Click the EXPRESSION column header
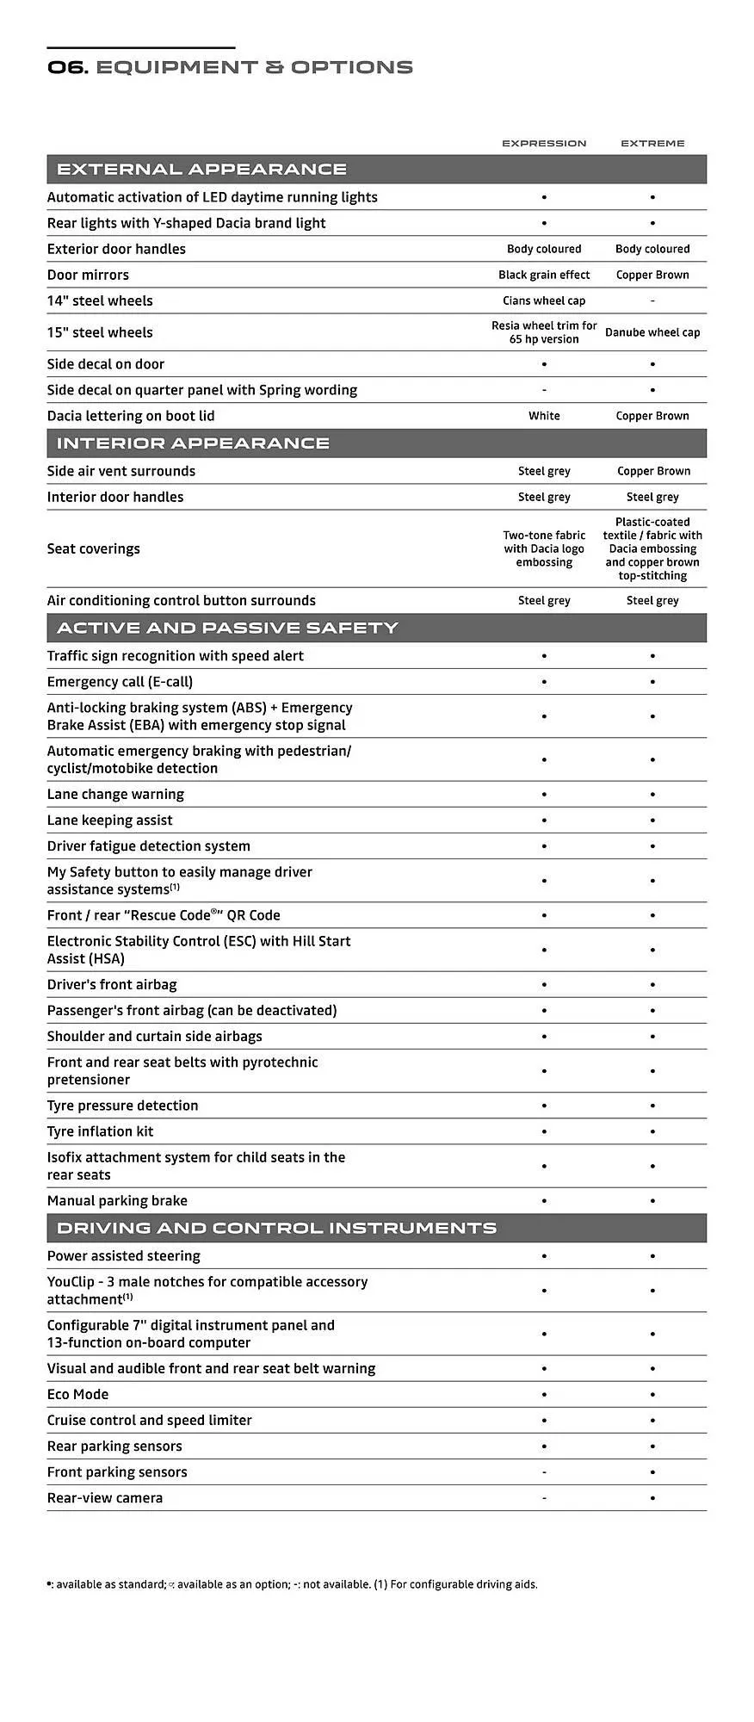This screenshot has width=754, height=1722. tap(544, 143)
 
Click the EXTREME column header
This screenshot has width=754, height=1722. tap(652, 143)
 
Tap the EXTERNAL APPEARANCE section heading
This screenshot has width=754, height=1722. tap(201, 170)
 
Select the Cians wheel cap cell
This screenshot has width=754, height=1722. tap(544, 300)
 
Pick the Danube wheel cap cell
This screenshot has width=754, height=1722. tap(652, 332)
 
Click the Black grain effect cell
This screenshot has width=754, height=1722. tap(544, 275)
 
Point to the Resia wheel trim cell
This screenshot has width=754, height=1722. tap(544, 332)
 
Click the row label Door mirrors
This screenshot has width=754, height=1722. tap(88, 275)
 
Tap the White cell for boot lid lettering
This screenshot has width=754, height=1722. tap(544, 416)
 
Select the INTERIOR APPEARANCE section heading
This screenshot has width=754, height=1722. tap(193, 443)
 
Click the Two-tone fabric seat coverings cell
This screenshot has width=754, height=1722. tap(544, 548)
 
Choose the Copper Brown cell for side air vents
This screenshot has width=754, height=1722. tap(653, 471)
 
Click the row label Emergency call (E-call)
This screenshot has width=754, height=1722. tap(120, 682)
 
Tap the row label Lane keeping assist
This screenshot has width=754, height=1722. tap(109, 821)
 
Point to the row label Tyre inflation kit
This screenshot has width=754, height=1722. tap(100, 1131)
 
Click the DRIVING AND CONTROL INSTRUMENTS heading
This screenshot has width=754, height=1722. tap(276, 1228)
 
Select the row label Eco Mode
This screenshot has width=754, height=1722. tap(77, 1394)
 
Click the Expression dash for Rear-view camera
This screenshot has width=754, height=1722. tap(544, 1498)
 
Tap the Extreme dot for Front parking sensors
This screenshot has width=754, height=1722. tap(652, 1472)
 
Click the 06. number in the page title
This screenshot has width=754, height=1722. tap(67, 67)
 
